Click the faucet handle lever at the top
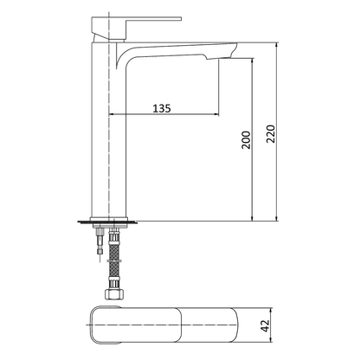pos(148,18)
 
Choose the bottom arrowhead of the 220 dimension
pos(279,216)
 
